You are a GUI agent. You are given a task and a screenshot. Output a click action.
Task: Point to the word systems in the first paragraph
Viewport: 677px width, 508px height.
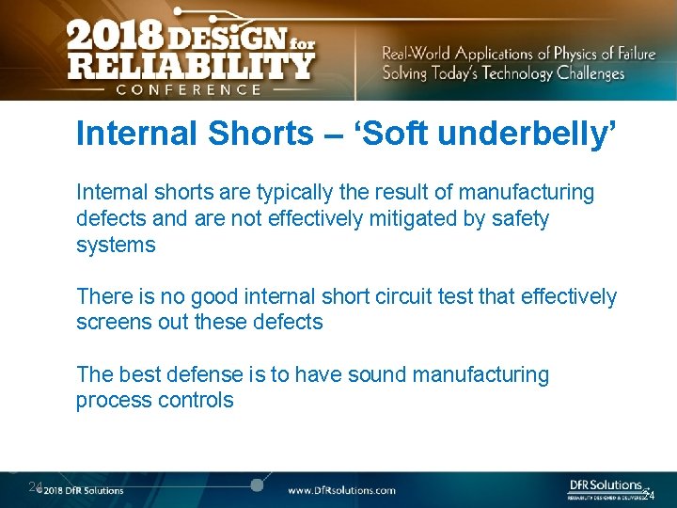[x=116, y=245]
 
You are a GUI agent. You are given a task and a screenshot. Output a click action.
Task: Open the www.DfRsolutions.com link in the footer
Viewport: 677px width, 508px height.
[x=341, y=490]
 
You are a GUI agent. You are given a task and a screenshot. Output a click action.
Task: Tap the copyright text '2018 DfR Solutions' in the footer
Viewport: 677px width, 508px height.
[x=83, y=490]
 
